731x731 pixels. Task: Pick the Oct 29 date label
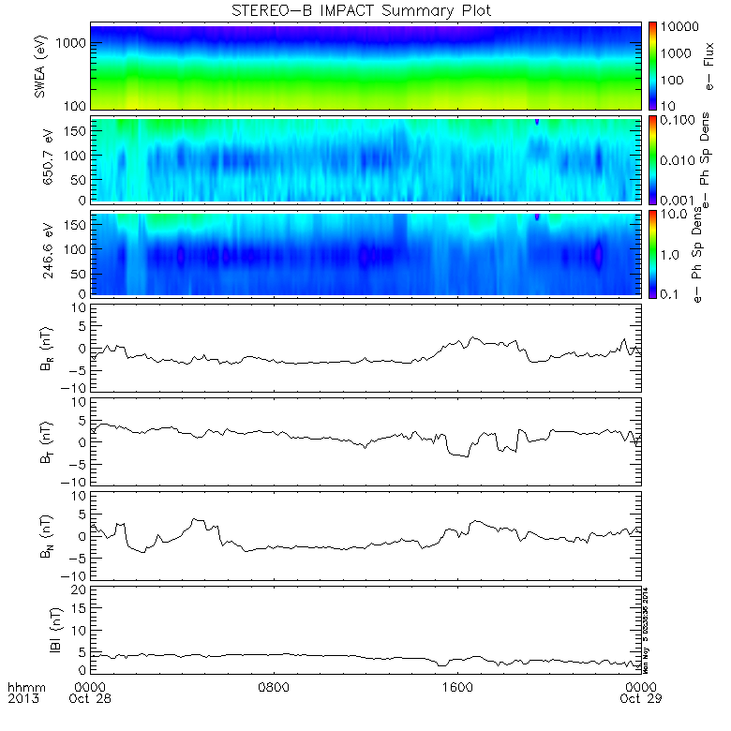(x=640, y=699)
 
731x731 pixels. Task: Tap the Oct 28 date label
(x=92, y=699)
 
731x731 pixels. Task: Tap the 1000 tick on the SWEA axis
(x=75, y=44)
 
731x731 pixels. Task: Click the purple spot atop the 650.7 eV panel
(x=537, y=122)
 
